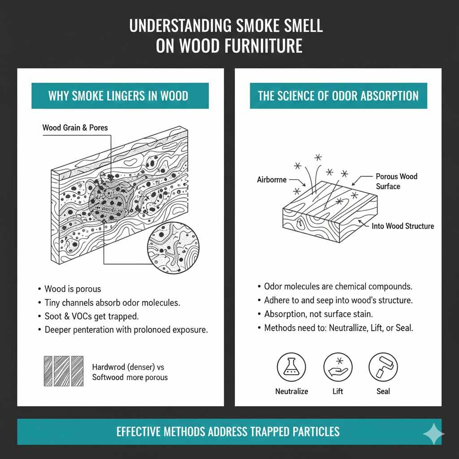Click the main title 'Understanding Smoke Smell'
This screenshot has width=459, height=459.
pos(226,26)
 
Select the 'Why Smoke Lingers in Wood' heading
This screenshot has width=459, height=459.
pos(118,96)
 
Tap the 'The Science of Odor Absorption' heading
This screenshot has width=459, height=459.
pos(338,96)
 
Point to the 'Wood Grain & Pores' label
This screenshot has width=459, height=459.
pos(75,128)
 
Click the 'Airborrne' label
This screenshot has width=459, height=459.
pos(272,180)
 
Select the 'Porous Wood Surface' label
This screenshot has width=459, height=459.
pos(396,181)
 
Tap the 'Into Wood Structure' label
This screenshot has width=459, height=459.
pos(403,226)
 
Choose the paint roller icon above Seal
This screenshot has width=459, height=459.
pos(383,366)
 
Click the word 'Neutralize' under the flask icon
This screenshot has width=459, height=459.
pos(291,391)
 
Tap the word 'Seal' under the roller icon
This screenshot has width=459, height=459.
pos(383,391)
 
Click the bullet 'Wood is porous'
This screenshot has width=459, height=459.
pos(73,289)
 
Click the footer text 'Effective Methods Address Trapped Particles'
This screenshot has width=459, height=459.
pos(228,432)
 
